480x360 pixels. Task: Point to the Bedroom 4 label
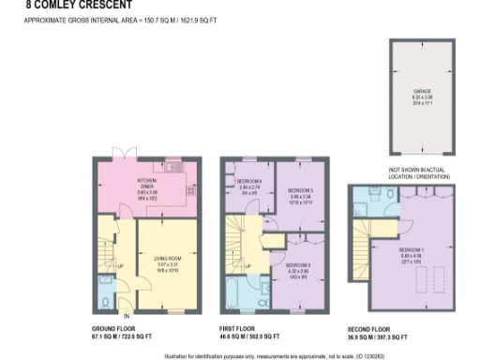pos(249,187)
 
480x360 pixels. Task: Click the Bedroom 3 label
pos(300,198)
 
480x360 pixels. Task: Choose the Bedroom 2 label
pos(296,270)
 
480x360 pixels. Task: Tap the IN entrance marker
pos(124,314)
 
